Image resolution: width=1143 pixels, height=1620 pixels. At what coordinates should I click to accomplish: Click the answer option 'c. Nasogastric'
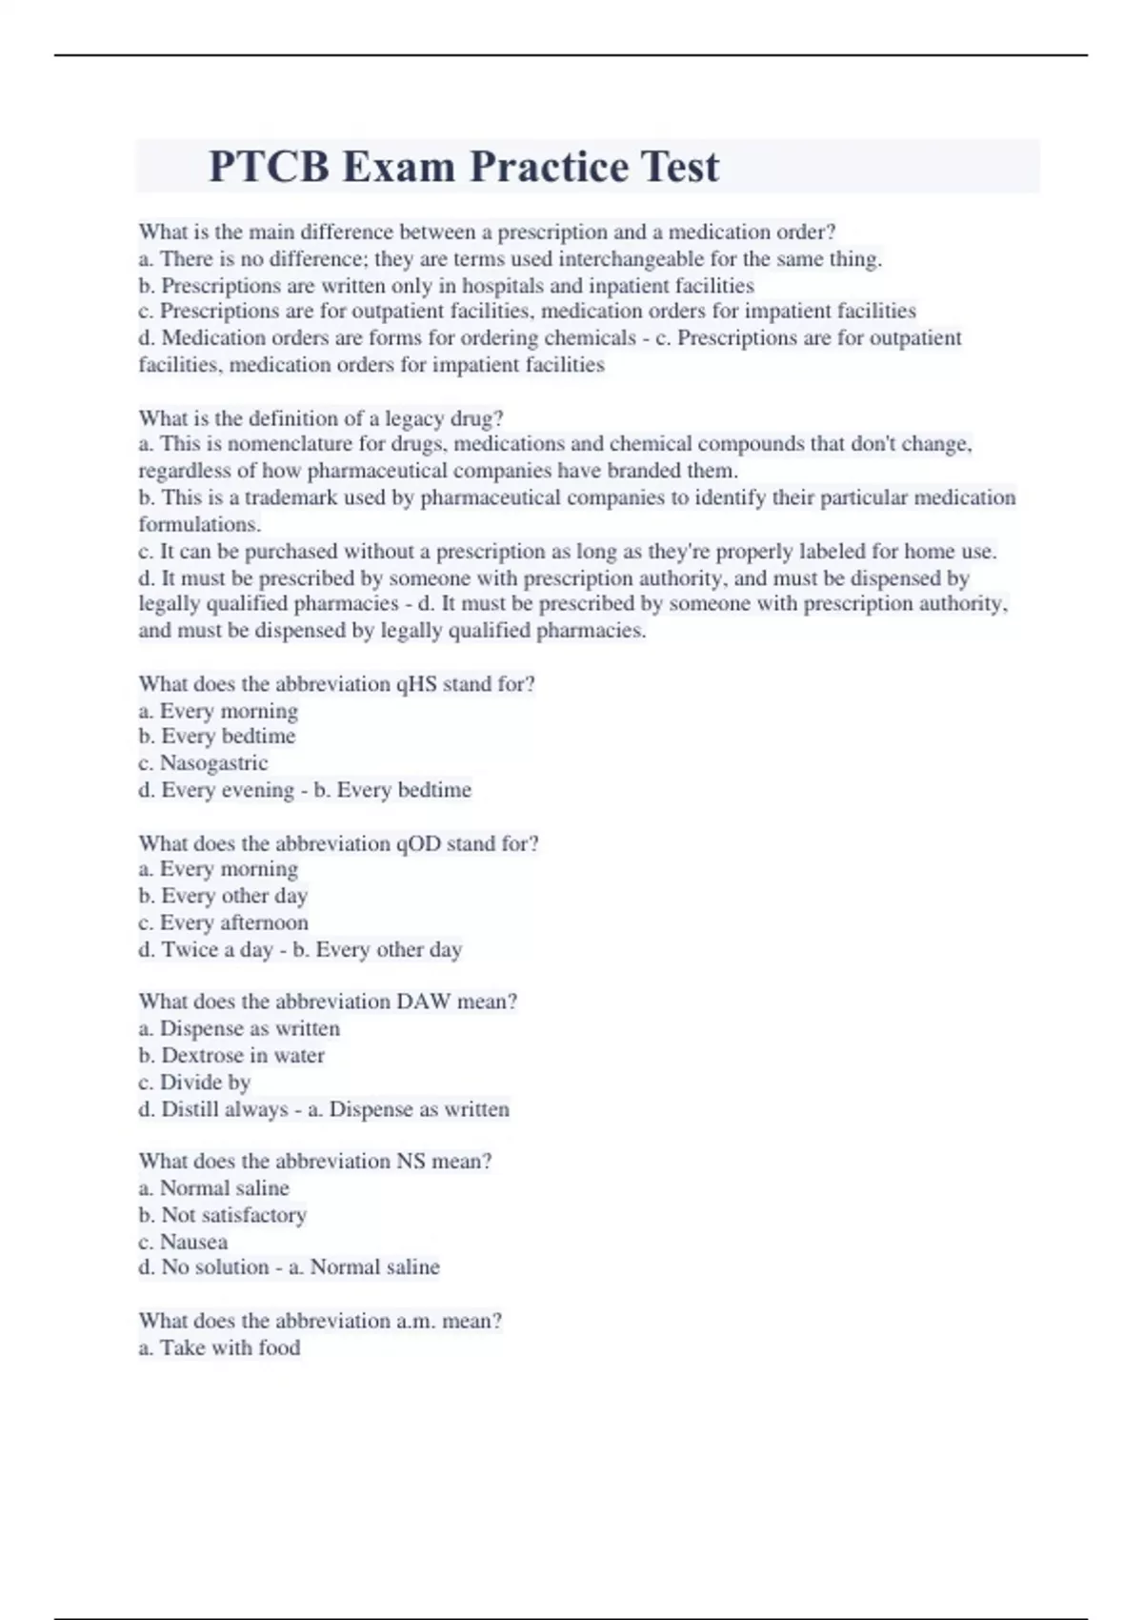203,763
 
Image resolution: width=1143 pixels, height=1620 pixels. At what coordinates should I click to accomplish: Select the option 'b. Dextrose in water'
231,1055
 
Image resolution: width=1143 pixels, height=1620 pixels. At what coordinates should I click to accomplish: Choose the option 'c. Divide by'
194,1082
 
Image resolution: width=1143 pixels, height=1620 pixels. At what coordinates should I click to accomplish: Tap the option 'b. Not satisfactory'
222,1215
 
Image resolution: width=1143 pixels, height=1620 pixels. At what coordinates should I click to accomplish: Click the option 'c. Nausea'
183,1242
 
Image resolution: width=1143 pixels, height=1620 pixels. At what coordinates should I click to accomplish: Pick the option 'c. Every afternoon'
223,922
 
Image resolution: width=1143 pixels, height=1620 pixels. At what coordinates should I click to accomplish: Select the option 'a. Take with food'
219,1347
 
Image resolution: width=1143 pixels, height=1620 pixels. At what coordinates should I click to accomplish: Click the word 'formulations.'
199,524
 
